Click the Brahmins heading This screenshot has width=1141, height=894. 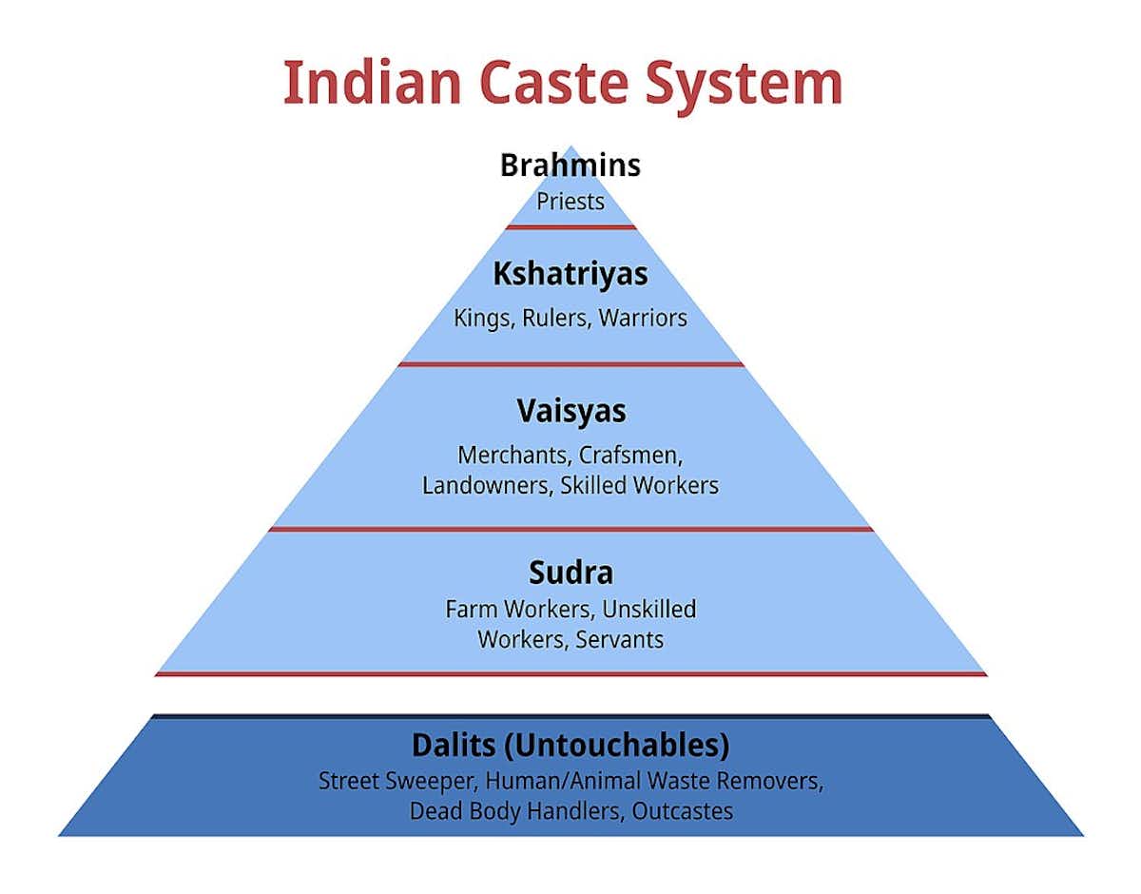570,165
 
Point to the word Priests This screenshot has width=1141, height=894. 570,202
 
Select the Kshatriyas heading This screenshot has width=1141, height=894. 570,275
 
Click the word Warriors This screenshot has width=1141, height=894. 643,318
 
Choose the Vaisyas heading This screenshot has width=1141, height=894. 570,411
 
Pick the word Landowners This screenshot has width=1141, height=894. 486,485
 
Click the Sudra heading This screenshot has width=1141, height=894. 570,573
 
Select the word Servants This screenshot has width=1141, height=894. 620,639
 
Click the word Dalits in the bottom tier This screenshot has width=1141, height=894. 453,745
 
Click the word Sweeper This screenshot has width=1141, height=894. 431,782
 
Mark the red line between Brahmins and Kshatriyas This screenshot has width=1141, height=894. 570,227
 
